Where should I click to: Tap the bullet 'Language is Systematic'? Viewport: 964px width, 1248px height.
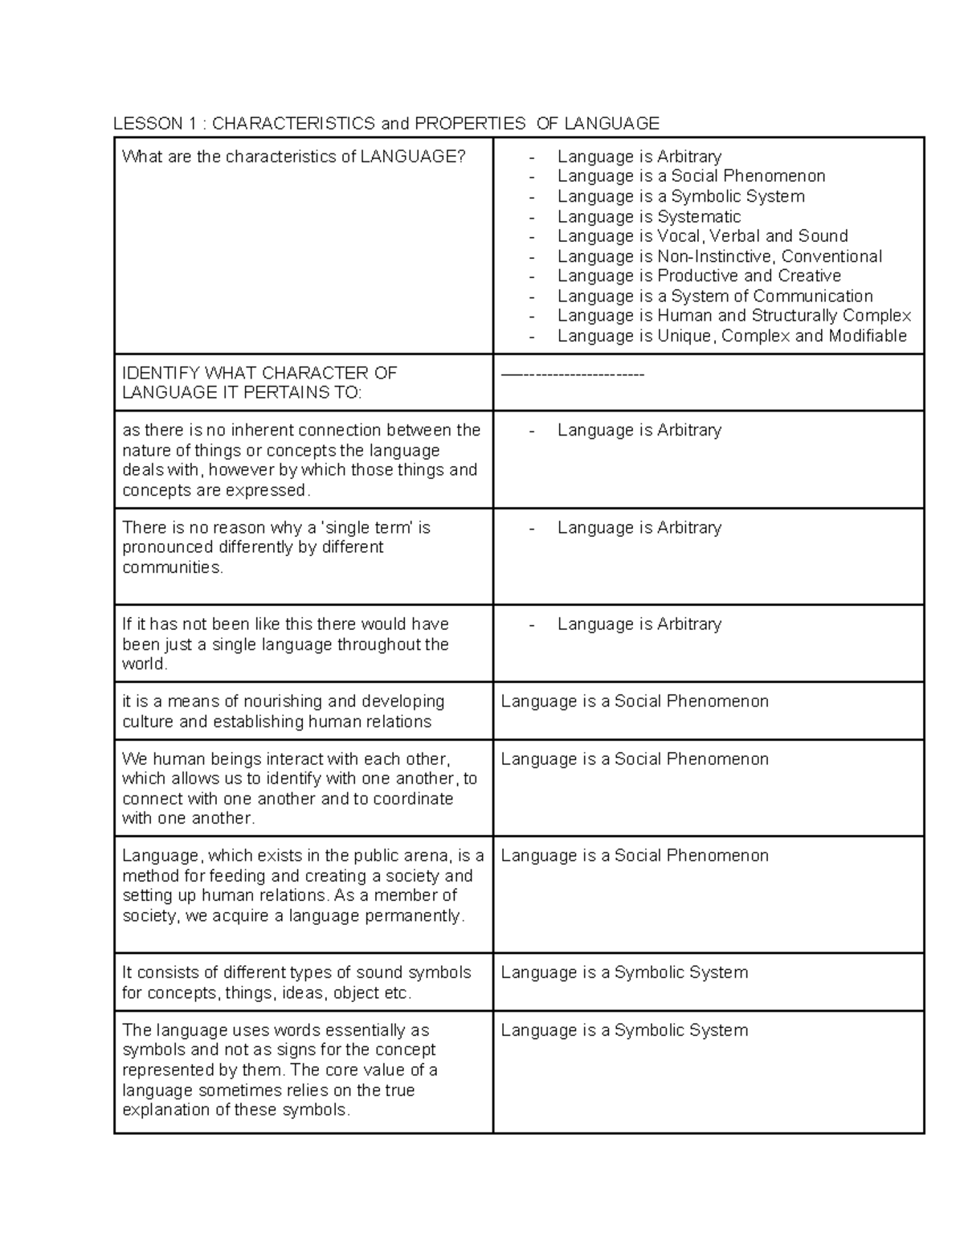[x=648, y=216]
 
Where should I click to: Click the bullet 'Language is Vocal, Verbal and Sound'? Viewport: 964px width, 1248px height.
[x=702, y=236]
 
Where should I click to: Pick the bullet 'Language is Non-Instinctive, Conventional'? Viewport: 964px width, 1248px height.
[x=719, y=256]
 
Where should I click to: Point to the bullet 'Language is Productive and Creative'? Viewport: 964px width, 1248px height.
[x=699, y=276]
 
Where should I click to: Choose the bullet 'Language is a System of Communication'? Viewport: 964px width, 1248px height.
[x=715, y=296]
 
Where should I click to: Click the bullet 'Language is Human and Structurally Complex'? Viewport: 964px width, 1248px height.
[x=733, y=316]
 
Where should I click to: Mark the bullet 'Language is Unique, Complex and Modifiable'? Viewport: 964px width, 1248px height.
[x=731, y=336]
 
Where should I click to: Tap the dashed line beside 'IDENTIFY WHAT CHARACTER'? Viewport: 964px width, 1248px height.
[x=572, y=374]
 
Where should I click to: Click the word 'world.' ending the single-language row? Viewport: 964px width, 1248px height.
[x=145, y=665]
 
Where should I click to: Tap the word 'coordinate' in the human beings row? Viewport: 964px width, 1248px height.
[x=414, y=799]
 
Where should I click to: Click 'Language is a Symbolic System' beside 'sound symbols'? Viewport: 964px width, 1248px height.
[x=624, y=972]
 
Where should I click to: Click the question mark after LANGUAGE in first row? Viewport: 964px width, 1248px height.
[x=461, y=157]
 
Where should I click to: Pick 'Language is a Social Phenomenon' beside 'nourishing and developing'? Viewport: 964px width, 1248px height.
[x=635, y=702]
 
